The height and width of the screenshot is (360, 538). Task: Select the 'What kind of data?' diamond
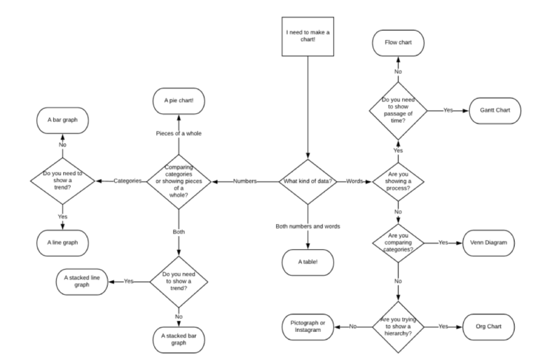click(x=307, y=181)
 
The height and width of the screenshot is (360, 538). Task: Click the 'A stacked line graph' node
click(x=83, y=282)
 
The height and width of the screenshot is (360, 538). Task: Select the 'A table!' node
click(x=307, y=261)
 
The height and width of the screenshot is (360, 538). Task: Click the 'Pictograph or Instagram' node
click(x=307, y=326)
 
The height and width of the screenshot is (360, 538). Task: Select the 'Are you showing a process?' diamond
click(x=399, y=181)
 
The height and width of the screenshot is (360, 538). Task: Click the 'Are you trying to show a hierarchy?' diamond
click(x=399, y=326)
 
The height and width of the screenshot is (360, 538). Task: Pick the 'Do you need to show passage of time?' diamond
click(x=399, y=110)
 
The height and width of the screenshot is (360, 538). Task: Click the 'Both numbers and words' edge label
click(x=307, y=226)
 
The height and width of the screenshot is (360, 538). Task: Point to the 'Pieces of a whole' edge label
click(x=179, y=133)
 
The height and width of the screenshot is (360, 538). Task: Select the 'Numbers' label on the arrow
click(x=243, y=181)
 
